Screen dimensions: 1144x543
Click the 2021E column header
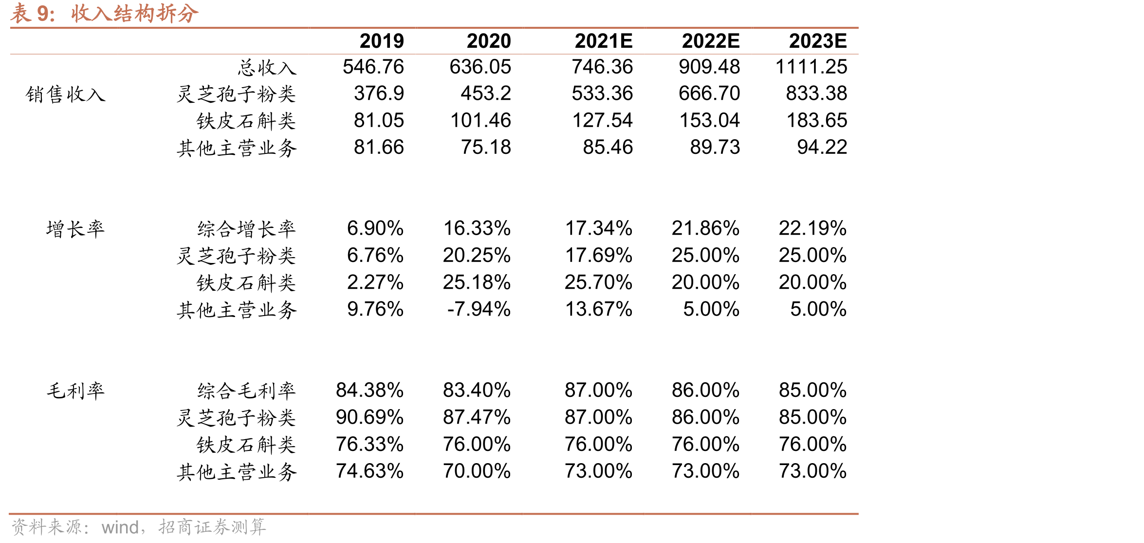pos(604,41)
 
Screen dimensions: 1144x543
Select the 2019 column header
pos(382,41)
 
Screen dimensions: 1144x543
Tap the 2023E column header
pos(818,41)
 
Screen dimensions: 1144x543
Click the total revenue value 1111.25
pos(811,67)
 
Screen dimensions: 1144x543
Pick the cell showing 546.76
pos(373,67)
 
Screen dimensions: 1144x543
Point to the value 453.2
pos(486,94)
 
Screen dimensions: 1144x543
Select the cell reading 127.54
pos(602,120)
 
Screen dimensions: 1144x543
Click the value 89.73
pos(715,147)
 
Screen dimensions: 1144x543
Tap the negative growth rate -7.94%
pos(479,309)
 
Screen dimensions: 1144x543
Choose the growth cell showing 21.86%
pos(705,228)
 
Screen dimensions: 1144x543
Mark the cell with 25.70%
pos(598,282)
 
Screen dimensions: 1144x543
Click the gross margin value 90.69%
pos(369,417)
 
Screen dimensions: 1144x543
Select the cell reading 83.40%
pos(477,390)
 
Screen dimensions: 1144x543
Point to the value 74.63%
pos(369,471)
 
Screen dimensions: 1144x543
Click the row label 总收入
pos(267,68)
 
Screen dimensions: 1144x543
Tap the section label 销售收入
pos(66,94)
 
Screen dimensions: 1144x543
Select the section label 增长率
pos(75,229)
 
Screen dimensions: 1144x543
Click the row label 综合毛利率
pos(246,391)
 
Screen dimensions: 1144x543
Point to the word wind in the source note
pos(120,527)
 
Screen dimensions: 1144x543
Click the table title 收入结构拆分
pos(135,14)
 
